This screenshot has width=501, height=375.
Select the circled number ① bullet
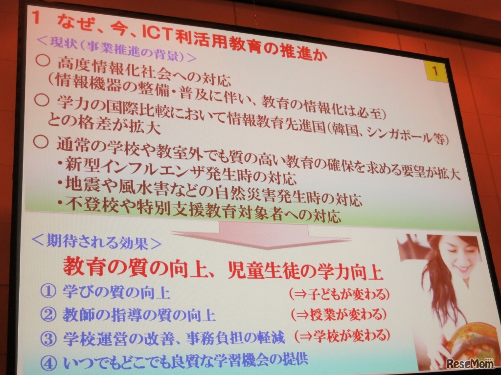click(x=48, y=292)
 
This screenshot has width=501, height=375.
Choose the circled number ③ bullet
click(x=48, y=337)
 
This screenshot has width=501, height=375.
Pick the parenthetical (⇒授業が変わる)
click(x=338, y=314)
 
